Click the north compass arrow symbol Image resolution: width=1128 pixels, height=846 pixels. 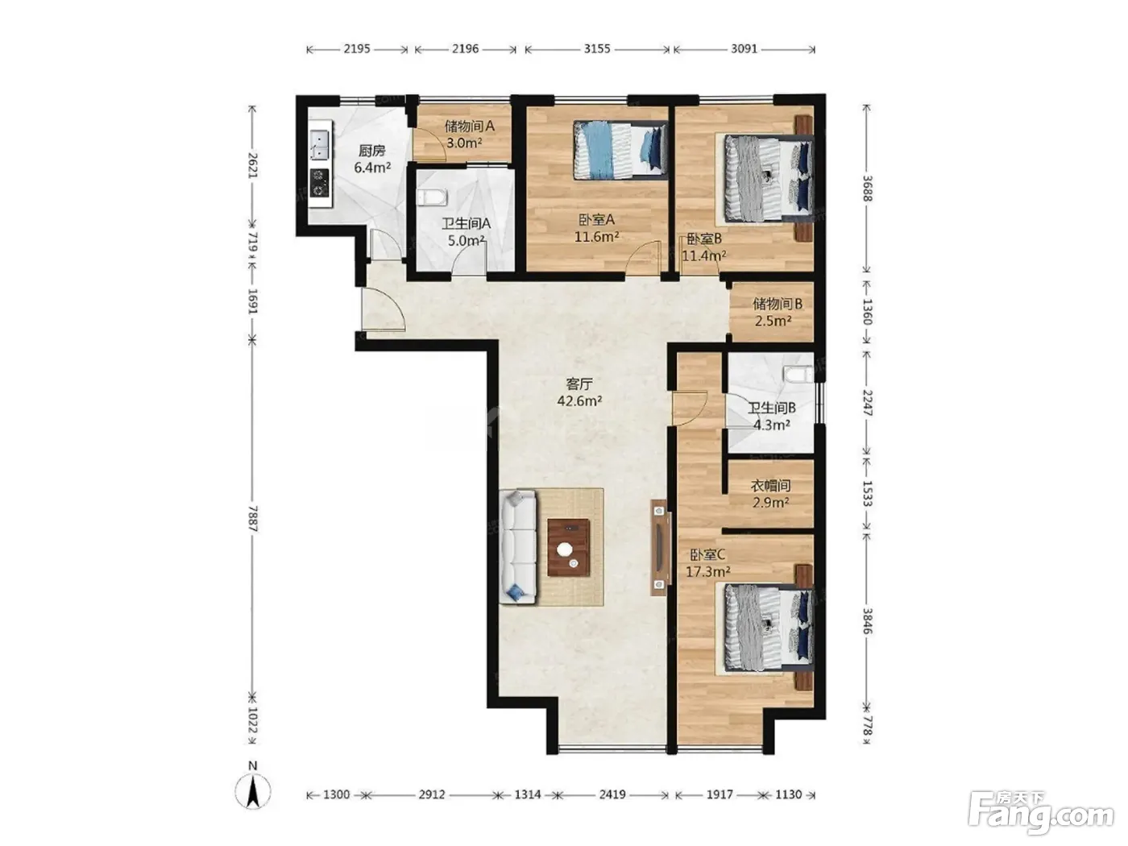coord(253,794)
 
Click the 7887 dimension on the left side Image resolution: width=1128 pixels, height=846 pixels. coord(253,519)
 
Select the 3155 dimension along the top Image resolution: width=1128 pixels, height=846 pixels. coord(597,49)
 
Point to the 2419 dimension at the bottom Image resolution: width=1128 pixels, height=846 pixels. coord(612,794)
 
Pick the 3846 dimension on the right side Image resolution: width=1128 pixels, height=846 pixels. coord(867,621)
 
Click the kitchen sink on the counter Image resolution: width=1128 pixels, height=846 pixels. coord(320,145)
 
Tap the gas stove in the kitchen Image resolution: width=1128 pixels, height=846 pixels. coord(320,184)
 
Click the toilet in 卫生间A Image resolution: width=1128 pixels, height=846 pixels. coord(432,197)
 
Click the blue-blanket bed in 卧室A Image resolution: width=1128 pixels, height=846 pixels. coord(620,150)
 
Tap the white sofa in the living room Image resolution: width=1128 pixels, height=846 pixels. coord(519,546)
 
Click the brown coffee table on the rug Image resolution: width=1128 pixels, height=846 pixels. coord(568,548)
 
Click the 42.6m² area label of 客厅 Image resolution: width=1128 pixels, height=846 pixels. coord(579,400)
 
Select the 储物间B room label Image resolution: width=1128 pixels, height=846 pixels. coord(777,304)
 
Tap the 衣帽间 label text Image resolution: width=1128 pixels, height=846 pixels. coord(770,485)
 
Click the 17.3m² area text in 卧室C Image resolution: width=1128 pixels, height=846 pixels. coord(708,572)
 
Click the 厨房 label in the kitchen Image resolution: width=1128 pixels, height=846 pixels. coord(371,151)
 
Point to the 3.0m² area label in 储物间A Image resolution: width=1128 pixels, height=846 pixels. coord(464,143)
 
